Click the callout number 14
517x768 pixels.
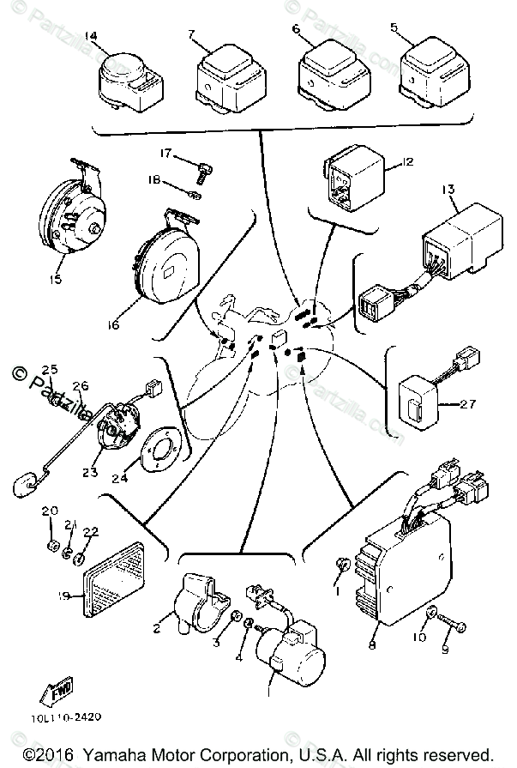point(92,35)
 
